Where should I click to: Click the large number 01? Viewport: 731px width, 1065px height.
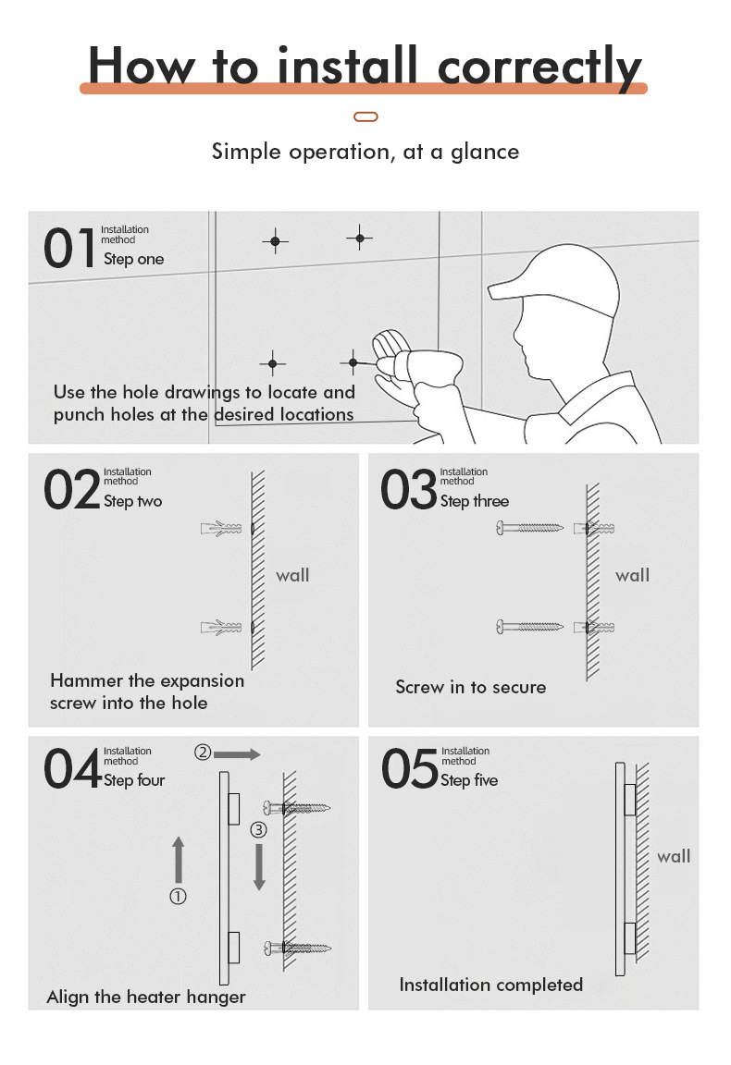pyautogui.click(x=69, y=249)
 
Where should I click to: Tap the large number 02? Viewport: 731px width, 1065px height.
pyautogui.click(x=71, y=491)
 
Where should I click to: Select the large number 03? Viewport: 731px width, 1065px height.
pyautogui.click(x=408, y=491)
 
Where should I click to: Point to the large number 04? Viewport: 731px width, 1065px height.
pyautogui.click(x=72, y=770)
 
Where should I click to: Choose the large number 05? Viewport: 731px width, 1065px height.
pyautogui.click(x=409, y=770)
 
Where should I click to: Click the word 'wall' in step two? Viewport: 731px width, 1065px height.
pyautogui.click(x=292, y=575)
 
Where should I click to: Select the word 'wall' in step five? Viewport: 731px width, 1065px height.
pyautogui.click(x=674, y=856)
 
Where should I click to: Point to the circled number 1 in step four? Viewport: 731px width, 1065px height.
pyautogui.click(x=178, y=895)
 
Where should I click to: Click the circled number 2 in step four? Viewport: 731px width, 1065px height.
pyautogui.click(x=203, y=753)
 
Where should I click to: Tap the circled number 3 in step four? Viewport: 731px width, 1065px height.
pyautogui.click(x=259, y=830)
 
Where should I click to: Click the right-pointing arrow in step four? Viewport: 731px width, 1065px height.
pyautogui.click(x=239, y=754)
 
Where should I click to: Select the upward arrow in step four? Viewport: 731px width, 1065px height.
pyautogui.click(x=179, y=860)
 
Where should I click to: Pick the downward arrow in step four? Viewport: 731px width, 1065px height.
pyautogui.click(x=260, y=867)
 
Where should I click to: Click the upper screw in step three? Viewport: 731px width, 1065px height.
pyautogui.click(x=530, y=528)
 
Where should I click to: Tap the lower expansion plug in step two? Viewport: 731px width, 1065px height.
pyautogui.click(x=221, y=627)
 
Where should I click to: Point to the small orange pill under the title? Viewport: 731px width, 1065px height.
pyautogui.click(x=366, y=116)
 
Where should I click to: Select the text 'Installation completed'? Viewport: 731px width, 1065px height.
pyautogui.click(x=490, y=985)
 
